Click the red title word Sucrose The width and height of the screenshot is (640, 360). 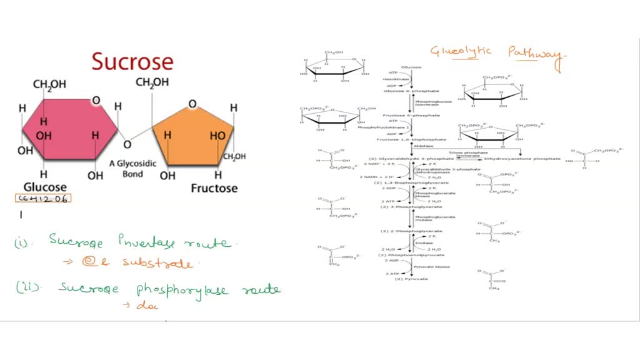coord(132,62)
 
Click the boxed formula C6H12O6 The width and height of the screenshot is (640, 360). coord(43,199)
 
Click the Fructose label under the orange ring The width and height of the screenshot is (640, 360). coord(214,188)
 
